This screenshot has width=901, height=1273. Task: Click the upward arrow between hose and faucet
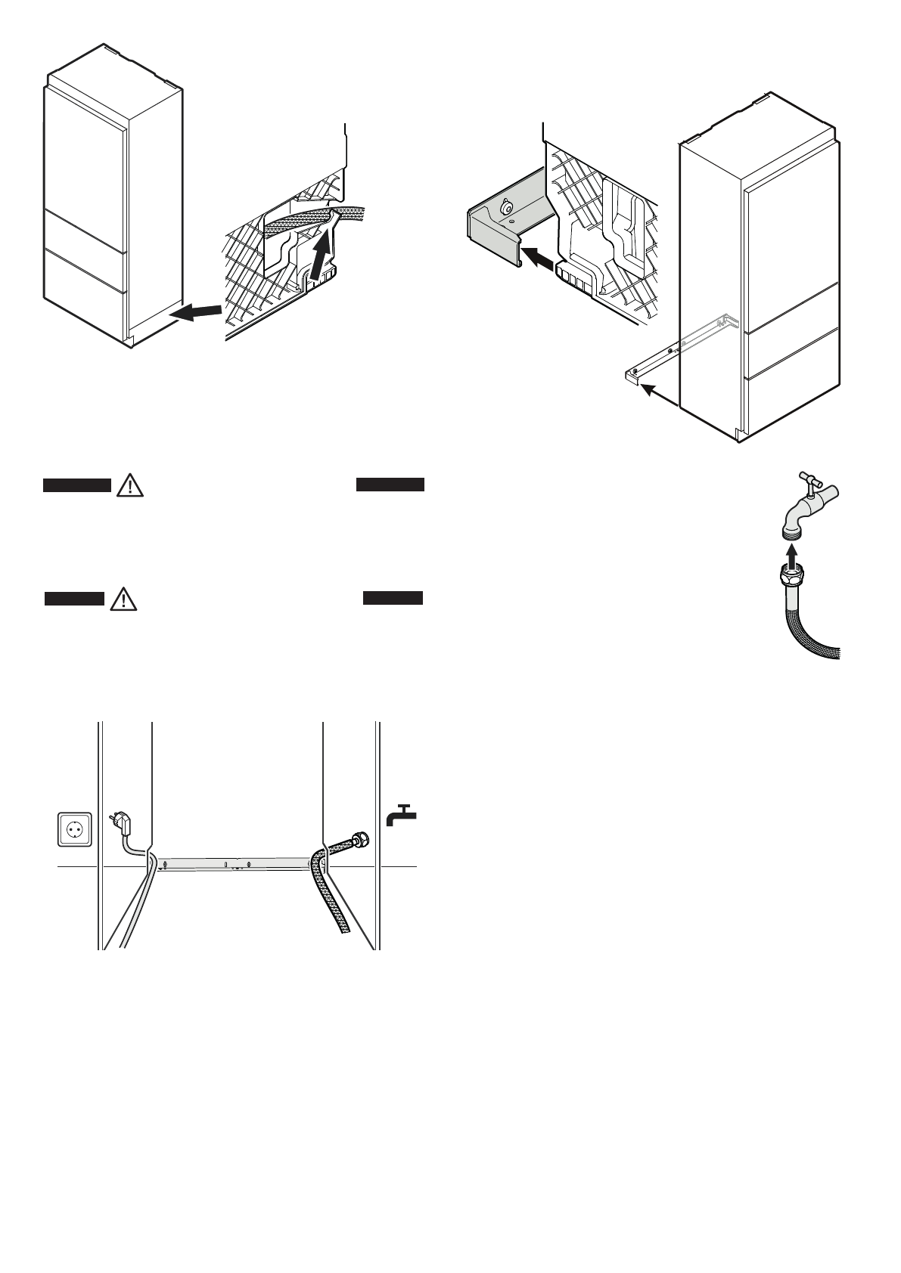(x=790, y=559)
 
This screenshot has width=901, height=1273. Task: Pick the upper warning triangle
(x=131, y=485)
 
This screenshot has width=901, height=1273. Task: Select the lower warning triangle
(x=121, y=600)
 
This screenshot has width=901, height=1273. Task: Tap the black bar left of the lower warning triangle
(x=73, y=599)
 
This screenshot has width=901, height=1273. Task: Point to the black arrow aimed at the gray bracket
(x=540, y=258)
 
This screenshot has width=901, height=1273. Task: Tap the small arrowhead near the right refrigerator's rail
(x=645, y=389)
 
